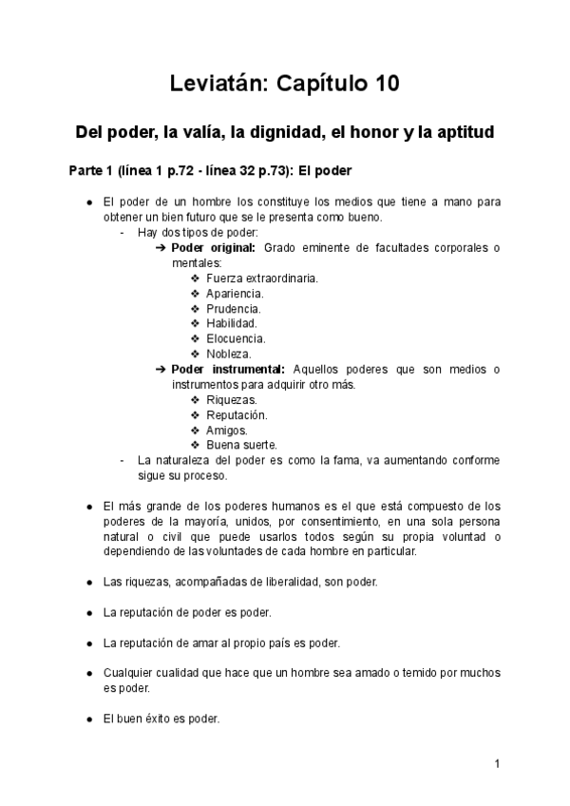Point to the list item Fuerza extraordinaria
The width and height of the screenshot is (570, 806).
coord(261,278)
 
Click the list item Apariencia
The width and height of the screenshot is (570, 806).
coord(235,294)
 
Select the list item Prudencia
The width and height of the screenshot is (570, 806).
coord(234,309)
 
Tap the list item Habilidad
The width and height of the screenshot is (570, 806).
coord(233,324)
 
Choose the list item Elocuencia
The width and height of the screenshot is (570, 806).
coord(236,339)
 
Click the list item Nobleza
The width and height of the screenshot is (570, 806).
coord(229,355)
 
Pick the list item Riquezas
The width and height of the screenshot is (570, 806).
coord(231,400)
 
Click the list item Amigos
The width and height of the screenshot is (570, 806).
coord(227,431)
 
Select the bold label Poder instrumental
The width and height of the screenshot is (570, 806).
coord(229,369)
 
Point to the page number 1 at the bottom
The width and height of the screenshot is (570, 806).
coord(497,763)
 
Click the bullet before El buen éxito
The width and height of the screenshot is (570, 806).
coord(89,719)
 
